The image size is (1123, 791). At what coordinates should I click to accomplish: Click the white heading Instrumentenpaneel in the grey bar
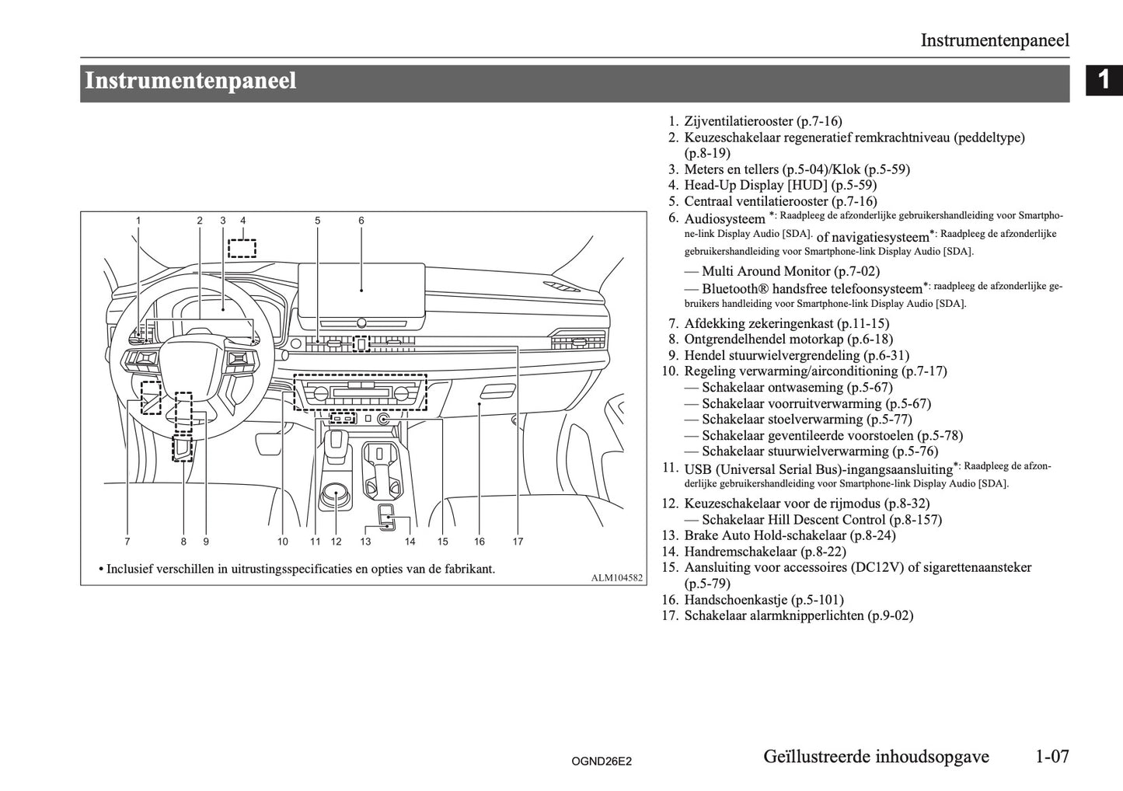[x=190, y=82]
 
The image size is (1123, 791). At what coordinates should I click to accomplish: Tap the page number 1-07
[x=1052, y=756]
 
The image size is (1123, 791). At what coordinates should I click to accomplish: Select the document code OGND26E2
[x=602, y=762]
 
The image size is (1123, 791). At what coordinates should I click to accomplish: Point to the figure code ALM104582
[x=617, y=577]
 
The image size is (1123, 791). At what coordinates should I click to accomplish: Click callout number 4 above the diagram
[x=243, y=221]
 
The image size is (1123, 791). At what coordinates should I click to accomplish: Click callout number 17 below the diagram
[x=518, y=542]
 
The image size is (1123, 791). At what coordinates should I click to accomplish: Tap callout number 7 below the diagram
[x=127, y=542]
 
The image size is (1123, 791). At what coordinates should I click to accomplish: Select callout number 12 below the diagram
[x=337, y=542]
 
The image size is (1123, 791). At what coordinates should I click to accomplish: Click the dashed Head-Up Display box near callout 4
[x=242, y=248]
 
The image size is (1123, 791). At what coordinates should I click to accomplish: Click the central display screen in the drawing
[x=362, y=290]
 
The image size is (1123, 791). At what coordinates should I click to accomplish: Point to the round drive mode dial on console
[x=337, y=493]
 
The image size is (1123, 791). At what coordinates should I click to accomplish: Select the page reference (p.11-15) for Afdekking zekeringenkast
[x=863, y=323]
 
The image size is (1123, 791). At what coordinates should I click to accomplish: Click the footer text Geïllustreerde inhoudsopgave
[x=876, y=756]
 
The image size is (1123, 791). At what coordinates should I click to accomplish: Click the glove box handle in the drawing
[x=498, y=390]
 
